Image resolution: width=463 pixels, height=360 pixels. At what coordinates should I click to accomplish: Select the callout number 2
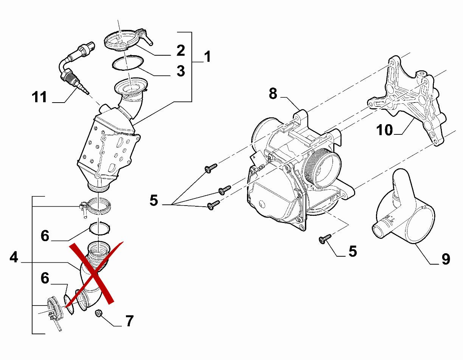click(x=181, y=50)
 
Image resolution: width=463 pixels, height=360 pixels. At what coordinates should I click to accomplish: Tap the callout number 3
click(x=181, y=71)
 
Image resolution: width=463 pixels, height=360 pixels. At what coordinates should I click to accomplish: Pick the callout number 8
click(x=273, y=93)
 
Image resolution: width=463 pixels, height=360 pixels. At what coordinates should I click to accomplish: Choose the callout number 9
click(x=446, y=259)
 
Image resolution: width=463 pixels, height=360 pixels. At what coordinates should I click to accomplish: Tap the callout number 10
click(x=384, y=130)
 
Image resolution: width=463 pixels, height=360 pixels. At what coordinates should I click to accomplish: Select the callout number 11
click(x=39, y=97)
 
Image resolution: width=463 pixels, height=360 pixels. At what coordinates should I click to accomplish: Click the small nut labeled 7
click(x=99, y=313)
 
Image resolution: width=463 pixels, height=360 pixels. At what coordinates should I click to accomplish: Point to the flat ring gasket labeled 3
click(x=127, y=63)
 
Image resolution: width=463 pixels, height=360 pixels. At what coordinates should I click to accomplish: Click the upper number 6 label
click(x=45, y=236)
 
